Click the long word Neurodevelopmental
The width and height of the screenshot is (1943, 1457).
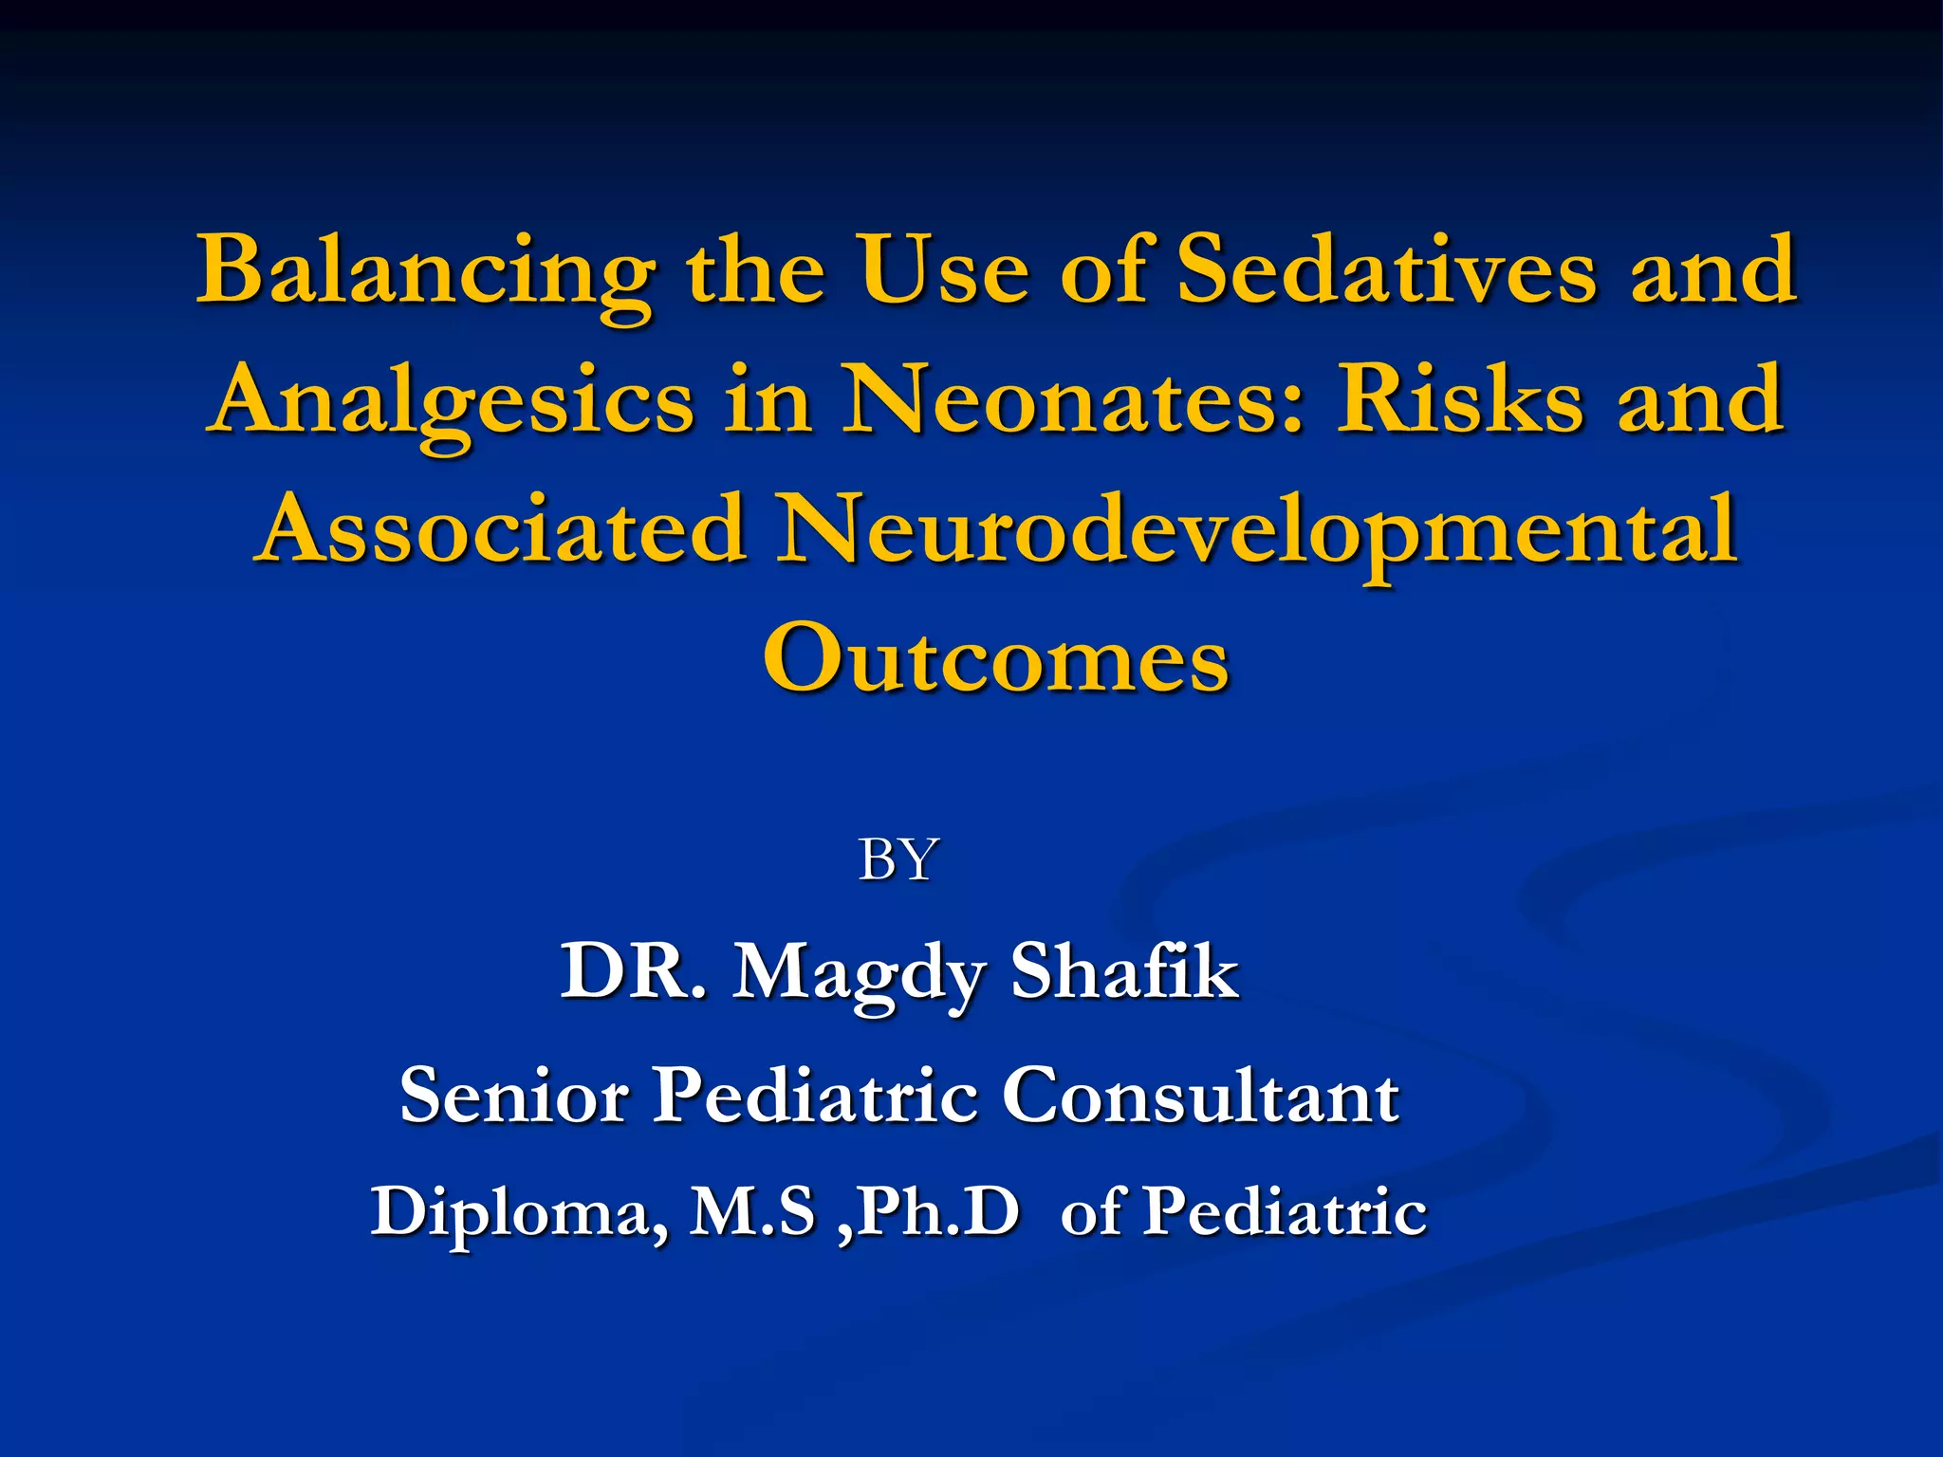[1258, 531]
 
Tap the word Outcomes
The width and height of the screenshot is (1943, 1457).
[995, 658]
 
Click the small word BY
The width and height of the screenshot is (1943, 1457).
[897, 860]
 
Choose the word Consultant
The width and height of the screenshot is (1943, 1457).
[1200, 1096]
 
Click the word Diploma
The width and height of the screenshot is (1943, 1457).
[518, 1213]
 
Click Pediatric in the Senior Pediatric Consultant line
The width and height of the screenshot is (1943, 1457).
[817, 1096]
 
